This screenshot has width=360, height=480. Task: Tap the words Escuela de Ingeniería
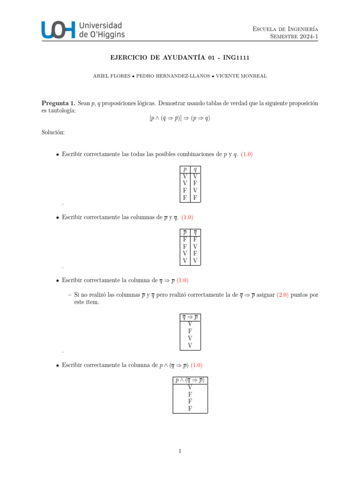coord(285,29)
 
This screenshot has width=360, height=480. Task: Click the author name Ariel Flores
coord(111,75)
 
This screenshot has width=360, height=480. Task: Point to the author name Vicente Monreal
coord(241,75)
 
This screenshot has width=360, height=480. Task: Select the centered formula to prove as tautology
coord(180,118)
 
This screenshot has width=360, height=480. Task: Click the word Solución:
coord(53,133)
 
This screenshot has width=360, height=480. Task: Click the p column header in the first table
coord(185,169)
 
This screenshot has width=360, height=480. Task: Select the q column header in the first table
coord(195,169)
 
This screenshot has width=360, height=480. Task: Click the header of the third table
coord(190,317)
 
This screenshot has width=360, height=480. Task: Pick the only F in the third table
coord(190,331)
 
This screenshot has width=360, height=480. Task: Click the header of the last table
coord(190,380)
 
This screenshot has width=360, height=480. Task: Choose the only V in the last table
coord(190,387)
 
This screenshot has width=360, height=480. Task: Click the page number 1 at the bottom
coord(180,451)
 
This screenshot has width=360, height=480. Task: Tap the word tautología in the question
coord(60,110)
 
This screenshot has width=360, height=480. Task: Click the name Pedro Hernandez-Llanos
coord(174,75)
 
